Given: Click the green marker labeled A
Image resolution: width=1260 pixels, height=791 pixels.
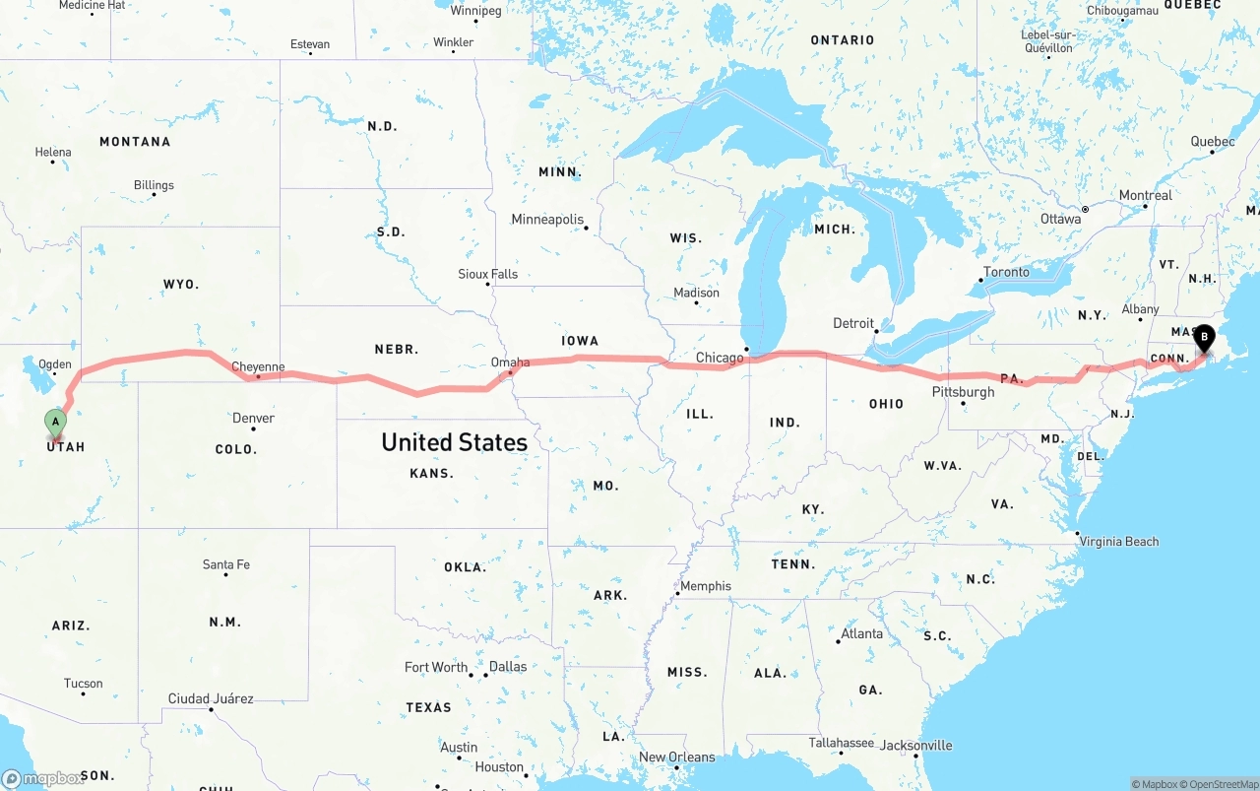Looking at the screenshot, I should [x=56, y=423].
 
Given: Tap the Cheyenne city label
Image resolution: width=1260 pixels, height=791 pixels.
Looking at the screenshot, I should [x=258, y=367].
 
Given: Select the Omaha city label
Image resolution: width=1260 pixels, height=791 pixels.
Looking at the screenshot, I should [x=510, y=363].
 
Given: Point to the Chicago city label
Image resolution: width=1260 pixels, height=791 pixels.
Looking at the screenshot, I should [x=720, y=358].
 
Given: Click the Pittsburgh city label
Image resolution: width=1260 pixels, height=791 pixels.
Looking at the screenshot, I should [x=963, y=392].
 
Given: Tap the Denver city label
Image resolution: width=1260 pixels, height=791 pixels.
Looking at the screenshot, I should [x=253, y=419].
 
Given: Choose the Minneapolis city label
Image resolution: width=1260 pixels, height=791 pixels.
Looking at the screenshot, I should [x=547, y=220].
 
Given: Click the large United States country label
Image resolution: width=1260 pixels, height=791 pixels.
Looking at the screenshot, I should [x=454, y=442].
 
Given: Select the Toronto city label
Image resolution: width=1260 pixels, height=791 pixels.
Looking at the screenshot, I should [x=1006, y=272].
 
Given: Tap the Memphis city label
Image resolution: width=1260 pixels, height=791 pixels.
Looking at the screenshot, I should [x=706, y=586].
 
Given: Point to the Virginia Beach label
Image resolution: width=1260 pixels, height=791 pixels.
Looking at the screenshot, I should [x=1119, y=541].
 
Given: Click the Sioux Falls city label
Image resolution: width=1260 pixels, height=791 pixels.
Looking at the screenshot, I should [x=488, y=274].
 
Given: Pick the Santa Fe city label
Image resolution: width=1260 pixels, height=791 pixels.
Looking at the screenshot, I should [x=226, y=564].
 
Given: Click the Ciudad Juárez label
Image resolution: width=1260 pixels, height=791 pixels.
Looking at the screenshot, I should [x=211, y=698].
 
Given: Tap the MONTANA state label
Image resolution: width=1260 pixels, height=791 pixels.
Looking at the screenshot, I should [x=135, y=142].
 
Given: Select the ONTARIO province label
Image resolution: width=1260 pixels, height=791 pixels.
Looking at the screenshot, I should [x=842, y=40].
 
